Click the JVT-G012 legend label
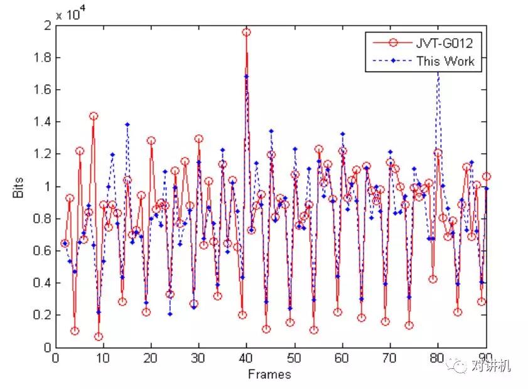point(443,43)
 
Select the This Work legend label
point(445,61)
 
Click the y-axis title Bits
point(18,191)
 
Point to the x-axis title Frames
point(269,375)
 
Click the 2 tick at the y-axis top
point(46,26)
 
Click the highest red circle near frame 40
point(247,32)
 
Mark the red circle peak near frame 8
point(94,116)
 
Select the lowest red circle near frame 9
point(99,336)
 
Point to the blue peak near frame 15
point(127,124)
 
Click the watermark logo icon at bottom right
point(461,365)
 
